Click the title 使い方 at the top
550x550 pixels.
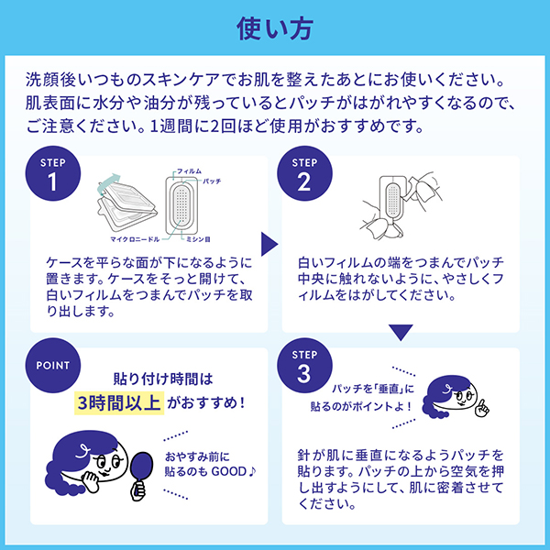pyautogui.click(x=275, y=29)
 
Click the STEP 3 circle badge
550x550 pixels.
pyautogui.click(x=304, y=367)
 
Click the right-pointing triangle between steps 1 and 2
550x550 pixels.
pyautogui.click(x=269, y=244)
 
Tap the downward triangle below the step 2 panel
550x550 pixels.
pyautogui.click(x=401, y=333)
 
